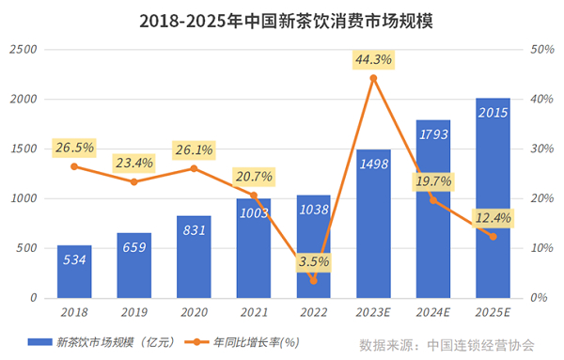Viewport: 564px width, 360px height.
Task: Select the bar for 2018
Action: pos(73,272)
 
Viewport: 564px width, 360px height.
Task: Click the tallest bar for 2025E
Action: pos(493,197)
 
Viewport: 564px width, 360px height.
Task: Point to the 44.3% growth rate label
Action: pos(373,59)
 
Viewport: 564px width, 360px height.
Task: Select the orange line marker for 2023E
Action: pos(373,78)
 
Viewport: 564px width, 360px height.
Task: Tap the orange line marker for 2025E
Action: pos(493,236)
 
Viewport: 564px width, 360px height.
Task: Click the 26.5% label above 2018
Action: pos(74,148)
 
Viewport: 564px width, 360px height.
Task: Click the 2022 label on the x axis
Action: pos(313,311)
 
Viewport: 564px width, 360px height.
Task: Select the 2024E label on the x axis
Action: pos(432,311)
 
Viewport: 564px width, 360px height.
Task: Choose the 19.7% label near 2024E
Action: pos(433,180)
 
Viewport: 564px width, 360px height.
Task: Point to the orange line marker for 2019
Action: pos(133,181)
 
